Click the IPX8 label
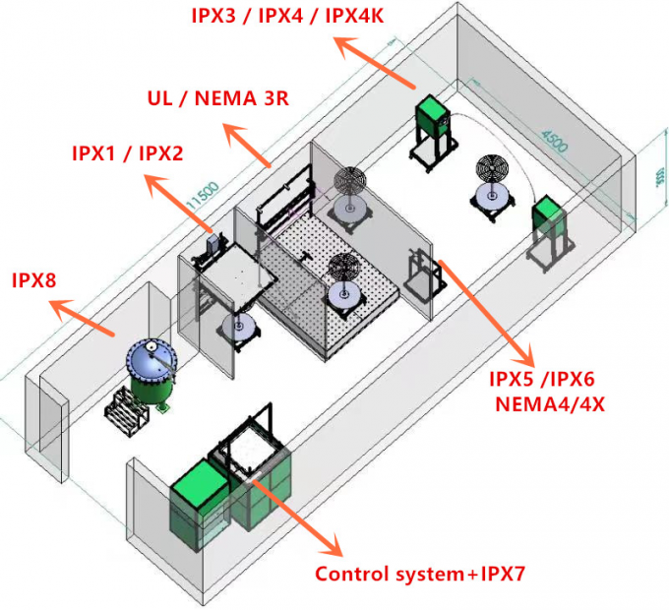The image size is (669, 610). pos(33,281)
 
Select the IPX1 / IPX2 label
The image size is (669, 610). pos(127,153)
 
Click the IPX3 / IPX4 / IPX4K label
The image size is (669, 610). pos(287,16)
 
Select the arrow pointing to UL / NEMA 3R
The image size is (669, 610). pos(248,145)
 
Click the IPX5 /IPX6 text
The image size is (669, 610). pos(541,379)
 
